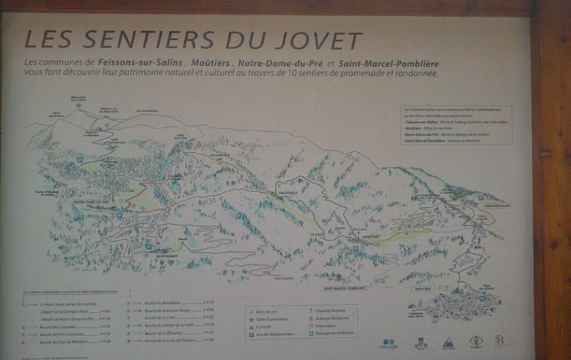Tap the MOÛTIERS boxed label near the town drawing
pyautogui.click(x=420, y=288)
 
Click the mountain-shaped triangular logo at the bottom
pyautogui.click(x=447, y=343)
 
